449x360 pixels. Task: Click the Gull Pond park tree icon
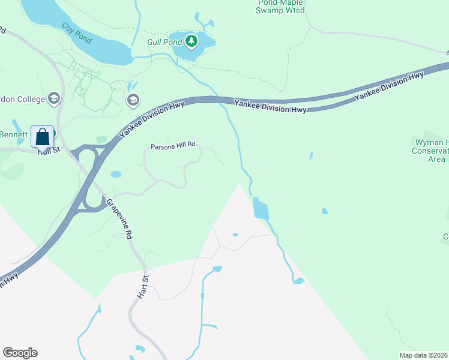[x=191, y=41]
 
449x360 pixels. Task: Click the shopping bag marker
[x=42, y=137]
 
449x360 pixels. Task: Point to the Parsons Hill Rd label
[x=173, y=145]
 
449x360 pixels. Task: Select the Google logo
[x=20, y=353]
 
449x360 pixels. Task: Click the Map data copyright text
[x=423, y=355]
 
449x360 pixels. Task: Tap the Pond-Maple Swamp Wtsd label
[x=280, y=7]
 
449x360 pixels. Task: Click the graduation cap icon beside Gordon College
[x=54, y=98]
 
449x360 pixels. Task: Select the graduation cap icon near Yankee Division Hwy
[x=133, y=100]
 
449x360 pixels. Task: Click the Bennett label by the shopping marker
[x=14, y=134]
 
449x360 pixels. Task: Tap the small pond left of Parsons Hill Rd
[x=116, y=175]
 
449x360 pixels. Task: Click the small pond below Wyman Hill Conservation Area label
[x=325, y=211]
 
